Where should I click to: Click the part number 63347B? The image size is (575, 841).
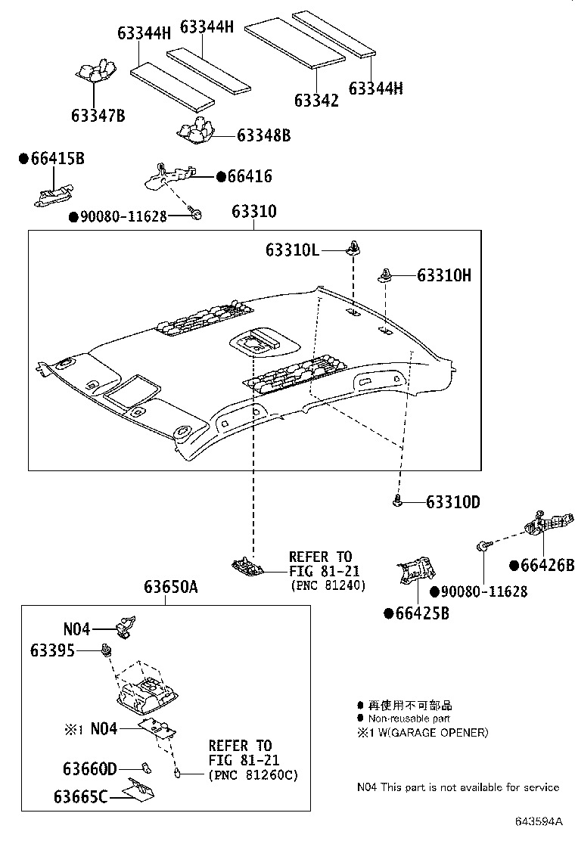[98, 116]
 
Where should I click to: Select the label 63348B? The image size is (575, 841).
[263, 135]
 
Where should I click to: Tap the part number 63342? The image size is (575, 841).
[316, 100]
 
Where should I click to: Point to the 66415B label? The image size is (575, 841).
[56, 159]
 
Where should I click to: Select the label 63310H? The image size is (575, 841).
[443, 275]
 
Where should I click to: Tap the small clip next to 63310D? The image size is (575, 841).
[397, 499]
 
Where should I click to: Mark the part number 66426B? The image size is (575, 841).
[546, 565]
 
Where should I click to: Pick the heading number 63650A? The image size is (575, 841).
[171, 588]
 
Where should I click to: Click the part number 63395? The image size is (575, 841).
[53, 650]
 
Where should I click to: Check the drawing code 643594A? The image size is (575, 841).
[539, 821]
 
